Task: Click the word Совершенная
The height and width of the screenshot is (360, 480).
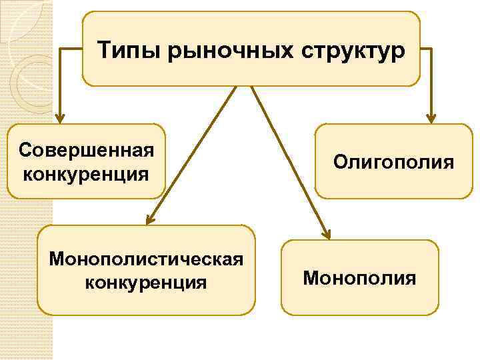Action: pos(87,148)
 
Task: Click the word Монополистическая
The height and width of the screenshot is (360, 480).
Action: pos(146,257)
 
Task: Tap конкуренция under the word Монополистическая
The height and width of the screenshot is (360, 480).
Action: pos(146,283)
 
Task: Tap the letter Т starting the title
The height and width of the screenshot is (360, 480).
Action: pos(104,49)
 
